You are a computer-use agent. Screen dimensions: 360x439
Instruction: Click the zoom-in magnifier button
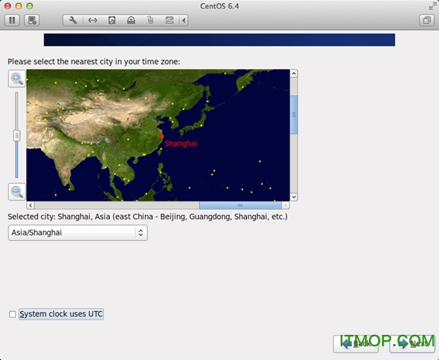tap(16, 79)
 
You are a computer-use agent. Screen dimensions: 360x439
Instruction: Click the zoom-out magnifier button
tap(16, 191)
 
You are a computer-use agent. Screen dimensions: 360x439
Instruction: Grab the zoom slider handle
tap(16, 135)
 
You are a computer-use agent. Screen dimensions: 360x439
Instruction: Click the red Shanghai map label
tap(181, 143)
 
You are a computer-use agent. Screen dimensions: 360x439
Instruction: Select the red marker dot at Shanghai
tap(161, 137)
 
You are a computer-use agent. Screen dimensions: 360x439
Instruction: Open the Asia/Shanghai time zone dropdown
tap(78, 233)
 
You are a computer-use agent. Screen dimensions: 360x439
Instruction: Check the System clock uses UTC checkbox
tap(12, 314)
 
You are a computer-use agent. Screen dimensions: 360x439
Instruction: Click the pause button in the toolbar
tap(13, 21)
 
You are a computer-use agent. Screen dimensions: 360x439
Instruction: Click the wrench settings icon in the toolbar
tap(73, 21)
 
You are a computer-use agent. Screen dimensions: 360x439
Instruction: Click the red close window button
tap(8, 5)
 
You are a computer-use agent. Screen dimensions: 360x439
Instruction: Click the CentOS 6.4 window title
tap(219, 5)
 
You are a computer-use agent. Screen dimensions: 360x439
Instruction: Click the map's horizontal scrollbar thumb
tap(239, 205)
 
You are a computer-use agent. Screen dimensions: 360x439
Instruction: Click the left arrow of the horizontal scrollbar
tap(30, 205)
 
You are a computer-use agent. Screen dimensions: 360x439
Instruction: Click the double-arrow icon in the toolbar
tap(92, 21)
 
